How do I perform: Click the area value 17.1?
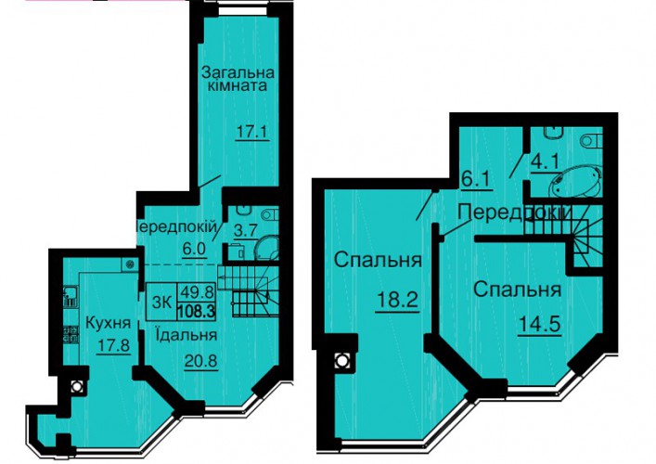[252, 132]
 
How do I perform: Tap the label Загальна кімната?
[238, 80]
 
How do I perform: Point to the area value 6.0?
[194, 249]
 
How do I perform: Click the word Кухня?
[108, 323]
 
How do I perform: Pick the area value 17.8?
[114, 346]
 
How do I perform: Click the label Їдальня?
[186, 335]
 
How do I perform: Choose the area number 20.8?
[200, 360]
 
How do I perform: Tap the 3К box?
[161, 303]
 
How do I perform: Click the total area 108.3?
[196, 311]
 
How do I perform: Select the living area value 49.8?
[197, 291]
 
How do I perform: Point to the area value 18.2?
[397, 300]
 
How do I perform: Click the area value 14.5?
[539, 324]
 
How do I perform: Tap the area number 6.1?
[476, 181]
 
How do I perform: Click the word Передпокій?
[177, 227]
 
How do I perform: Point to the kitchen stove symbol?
[71, 335]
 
